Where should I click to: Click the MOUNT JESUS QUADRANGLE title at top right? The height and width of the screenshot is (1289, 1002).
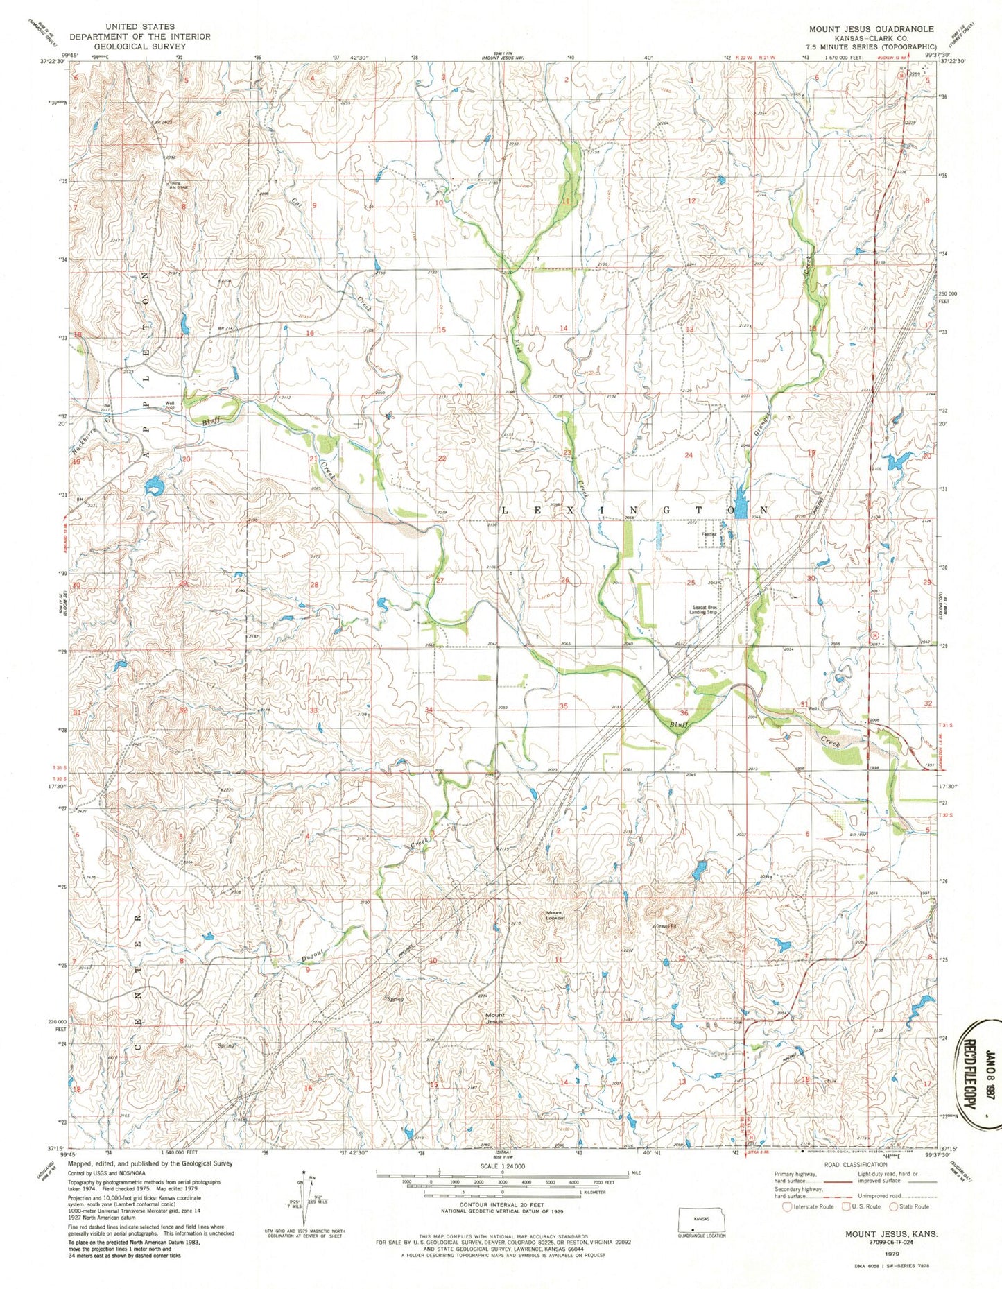pos(871,28)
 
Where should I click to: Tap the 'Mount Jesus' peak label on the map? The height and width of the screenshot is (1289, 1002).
pos(495,1018)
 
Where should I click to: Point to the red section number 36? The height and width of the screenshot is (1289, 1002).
pos(684,713)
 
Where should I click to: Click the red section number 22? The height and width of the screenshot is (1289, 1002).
pos(442,459)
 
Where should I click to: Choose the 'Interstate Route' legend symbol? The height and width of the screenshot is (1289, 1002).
pos(787,1206)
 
